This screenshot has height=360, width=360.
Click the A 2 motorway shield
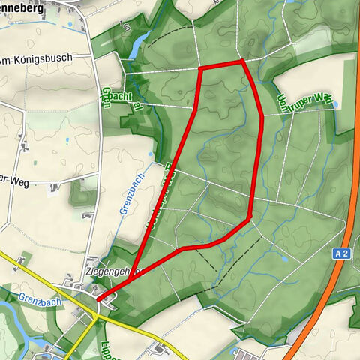(x=342, y=254)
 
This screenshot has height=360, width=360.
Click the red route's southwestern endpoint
(x=97, y=300)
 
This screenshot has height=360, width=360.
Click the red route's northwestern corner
(x=200, y=68)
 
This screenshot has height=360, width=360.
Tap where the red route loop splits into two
(x=130, y=282)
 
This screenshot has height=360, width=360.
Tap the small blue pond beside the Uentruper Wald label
(x=334, y=105)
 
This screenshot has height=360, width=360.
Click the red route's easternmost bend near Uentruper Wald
(x=260, y=115)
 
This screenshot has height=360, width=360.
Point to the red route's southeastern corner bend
(x=248, y=218)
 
